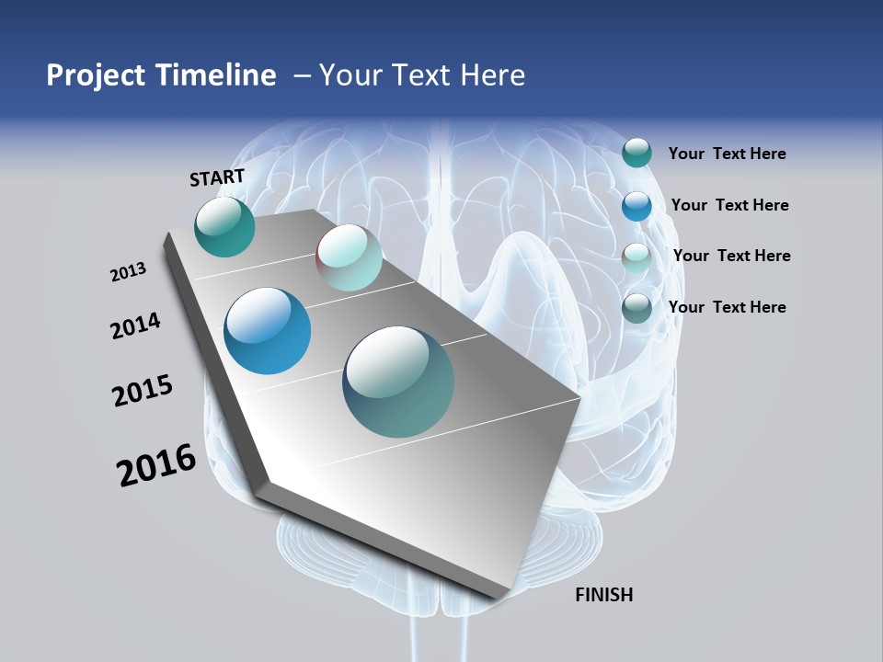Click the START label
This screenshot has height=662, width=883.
tap(217, 177)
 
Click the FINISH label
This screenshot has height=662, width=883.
tap(603, 595)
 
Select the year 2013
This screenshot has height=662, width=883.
tap(128, 272)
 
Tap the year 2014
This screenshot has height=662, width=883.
tap(135, 325)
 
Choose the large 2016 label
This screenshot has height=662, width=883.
tap(156, 465)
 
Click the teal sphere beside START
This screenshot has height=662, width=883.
tap(224, 227)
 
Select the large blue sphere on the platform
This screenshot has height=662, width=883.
tap(267, 331)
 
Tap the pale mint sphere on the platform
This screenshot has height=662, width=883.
tap(349, 257)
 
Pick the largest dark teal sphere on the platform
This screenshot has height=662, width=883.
tap(398, 382)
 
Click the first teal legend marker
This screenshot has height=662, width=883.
tap(636, 153)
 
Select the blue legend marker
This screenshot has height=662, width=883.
tap(636, 206)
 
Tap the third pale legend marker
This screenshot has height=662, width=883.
tap(636, 257)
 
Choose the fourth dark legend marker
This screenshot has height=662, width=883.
tap(636, 308)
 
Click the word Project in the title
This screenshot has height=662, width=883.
tap(97, 75)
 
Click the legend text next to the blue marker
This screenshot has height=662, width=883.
tap(729, 205)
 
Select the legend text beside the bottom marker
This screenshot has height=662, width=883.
tap(727, 307)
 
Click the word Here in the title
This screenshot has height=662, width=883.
tap(492, 75)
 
